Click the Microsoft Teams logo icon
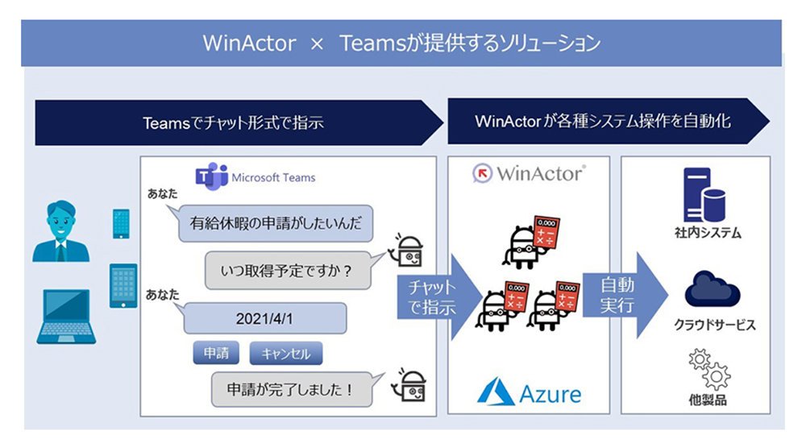(212, 176)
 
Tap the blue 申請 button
(216, 353)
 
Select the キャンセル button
(286, 354)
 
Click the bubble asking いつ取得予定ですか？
(289, 270)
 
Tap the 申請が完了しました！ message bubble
(293, 389)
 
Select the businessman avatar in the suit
(60, 231)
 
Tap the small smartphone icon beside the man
(122, 223)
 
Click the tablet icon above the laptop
(123, 286)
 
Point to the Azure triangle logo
(496, 392)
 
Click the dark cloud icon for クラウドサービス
(712, 290)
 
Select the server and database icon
(704, 195)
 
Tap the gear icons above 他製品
(710, 370)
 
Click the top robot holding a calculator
(530, 243)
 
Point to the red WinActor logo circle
(482, 174)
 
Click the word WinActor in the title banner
(249, 44)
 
